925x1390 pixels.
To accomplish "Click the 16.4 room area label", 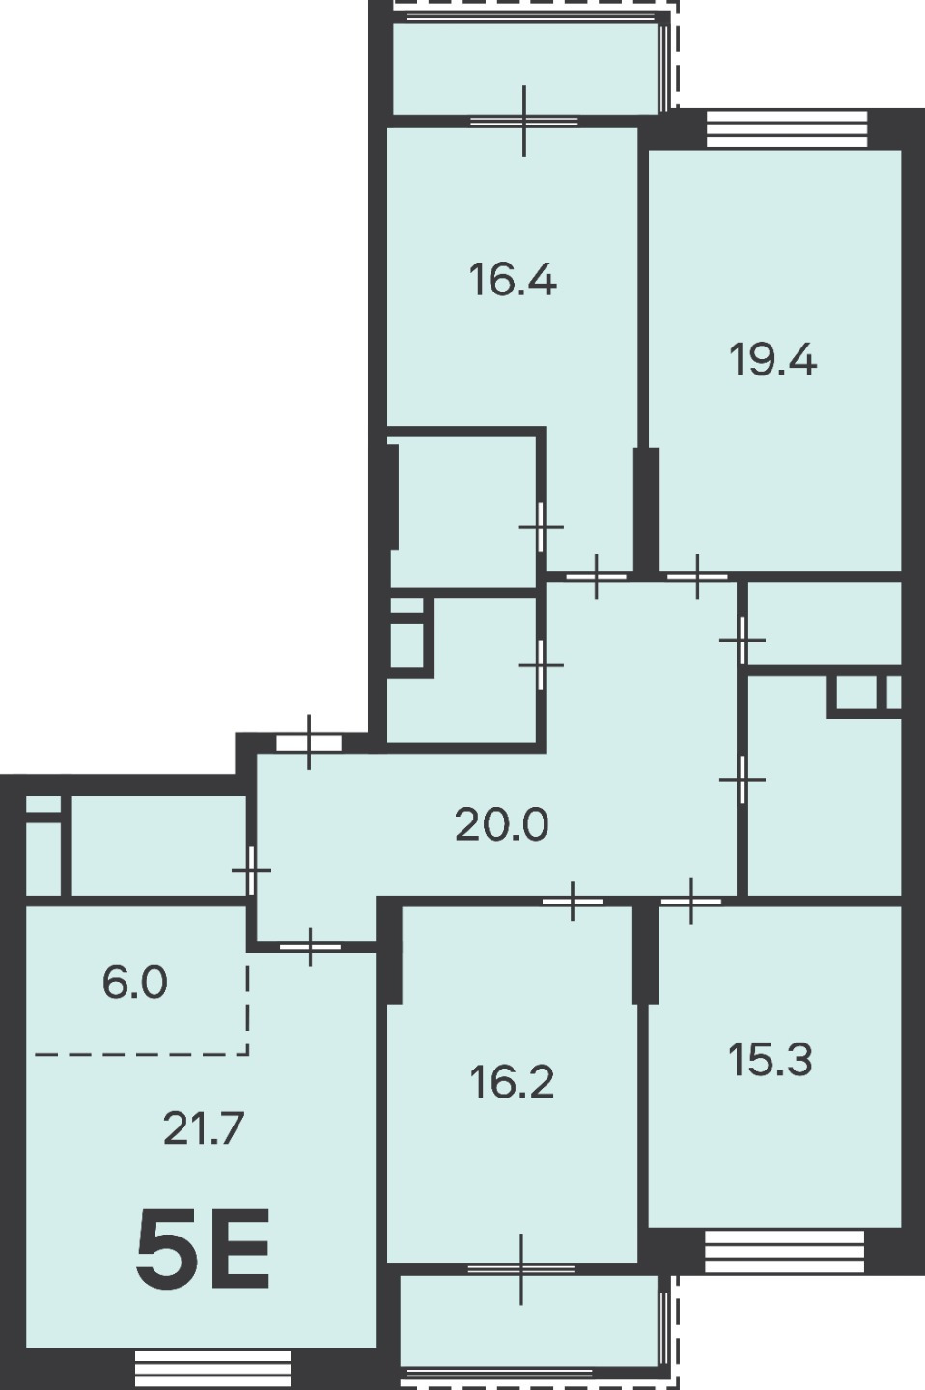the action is [x=513, y=280].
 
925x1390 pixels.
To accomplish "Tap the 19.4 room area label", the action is [x=772, y=360].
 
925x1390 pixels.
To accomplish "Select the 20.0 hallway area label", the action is [x=502, y=825].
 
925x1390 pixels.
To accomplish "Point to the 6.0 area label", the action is [x=135, y=983].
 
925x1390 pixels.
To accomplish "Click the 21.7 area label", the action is [x=203, y=1128].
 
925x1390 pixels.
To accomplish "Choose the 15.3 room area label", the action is [x=771, y=1060].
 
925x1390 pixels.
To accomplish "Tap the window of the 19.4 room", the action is [x=787, y=128].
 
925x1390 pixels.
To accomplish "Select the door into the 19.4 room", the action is [x=697, y=577].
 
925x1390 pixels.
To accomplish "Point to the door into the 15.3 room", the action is [x=691, y=901].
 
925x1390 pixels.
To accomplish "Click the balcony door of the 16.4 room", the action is [x=524, y=121].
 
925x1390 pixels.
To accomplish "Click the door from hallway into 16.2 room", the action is [x=573, y=901].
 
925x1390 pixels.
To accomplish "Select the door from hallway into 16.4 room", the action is [x=596, y=577].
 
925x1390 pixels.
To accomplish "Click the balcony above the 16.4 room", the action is [x=526, y=69].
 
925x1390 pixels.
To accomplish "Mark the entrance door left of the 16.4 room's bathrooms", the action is [x=309, y=743].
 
